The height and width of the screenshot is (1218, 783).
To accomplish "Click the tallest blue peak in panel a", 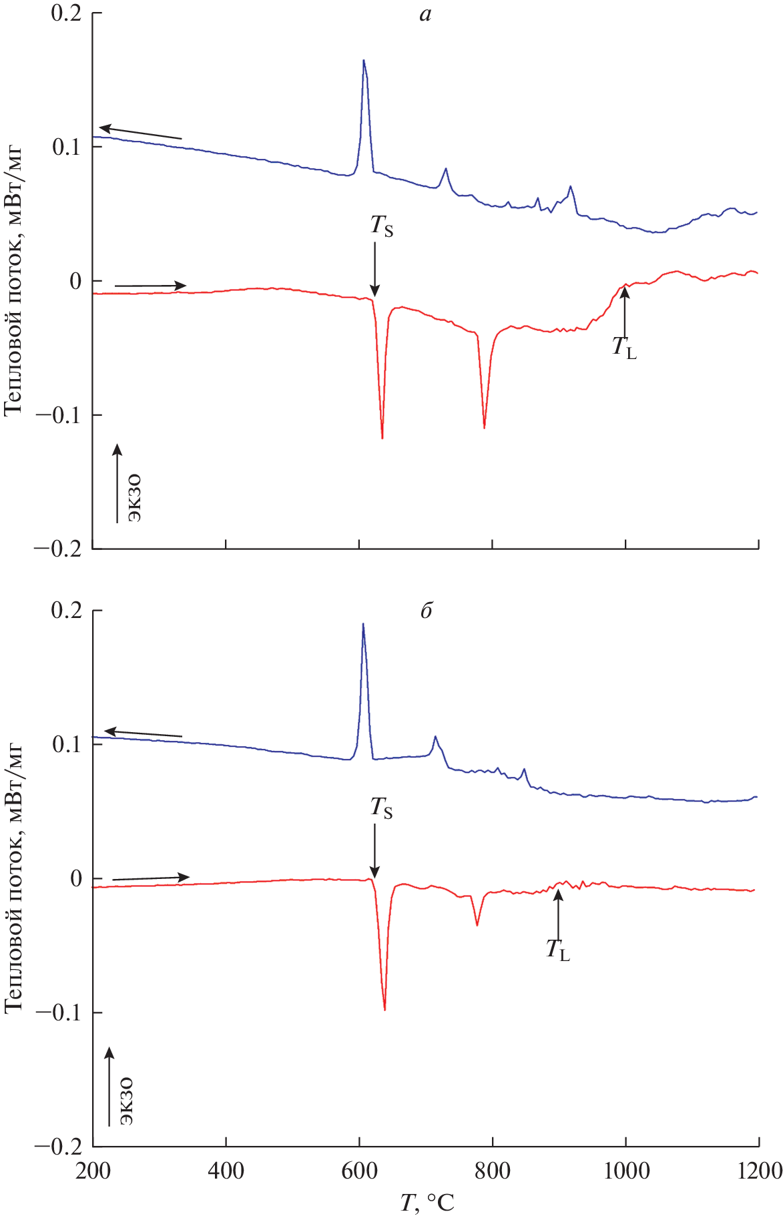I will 364,61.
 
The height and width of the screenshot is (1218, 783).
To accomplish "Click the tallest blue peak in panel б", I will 363,625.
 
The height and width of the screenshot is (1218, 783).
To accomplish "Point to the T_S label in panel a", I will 382,226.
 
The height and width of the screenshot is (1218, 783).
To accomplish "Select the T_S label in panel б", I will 382,808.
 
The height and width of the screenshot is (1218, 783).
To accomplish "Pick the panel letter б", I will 426,611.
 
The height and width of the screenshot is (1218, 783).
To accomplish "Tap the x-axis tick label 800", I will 492,1171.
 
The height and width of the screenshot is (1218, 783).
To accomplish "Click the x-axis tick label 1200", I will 759,1171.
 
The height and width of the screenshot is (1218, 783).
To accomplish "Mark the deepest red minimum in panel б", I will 385,1009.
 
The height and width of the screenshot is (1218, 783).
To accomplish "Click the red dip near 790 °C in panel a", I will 485,426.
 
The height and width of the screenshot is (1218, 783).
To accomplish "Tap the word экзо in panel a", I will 134,497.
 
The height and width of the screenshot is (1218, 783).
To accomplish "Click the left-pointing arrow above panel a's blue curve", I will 140,132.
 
